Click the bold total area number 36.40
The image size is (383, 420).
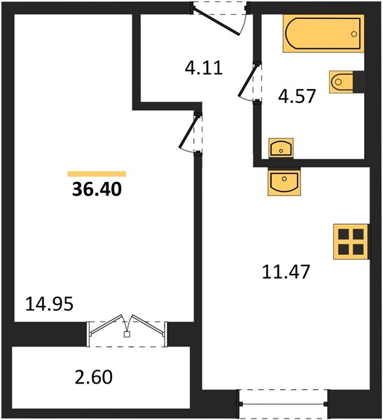click(97, 190)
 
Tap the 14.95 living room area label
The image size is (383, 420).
click(49, 304)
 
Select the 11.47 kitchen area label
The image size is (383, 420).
click(286, 272)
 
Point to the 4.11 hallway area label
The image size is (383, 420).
click(204, 68)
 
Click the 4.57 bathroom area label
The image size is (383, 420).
click(297, 96)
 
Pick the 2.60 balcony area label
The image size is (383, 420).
click(94, 377)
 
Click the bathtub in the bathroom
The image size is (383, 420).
click(323, 34)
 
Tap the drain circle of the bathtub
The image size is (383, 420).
click(354, 34)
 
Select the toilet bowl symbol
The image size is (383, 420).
click(341, 82)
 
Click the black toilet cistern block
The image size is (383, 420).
click(358, 82)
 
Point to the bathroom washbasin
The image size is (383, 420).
click(281, 148)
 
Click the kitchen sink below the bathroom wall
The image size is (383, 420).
click(284, 181)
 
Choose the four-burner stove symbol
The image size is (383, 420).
click(351, 242)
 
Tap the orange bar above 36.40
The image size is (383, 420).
click(97, 174)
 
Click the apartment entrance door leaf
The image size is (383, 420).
click(216, 22)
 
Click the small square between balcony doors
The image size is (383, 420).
click(127, 335)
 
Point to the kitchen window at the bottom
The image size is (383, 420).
click(283, 404)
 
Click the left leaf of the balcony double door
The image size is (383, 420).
click(106, 325)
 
